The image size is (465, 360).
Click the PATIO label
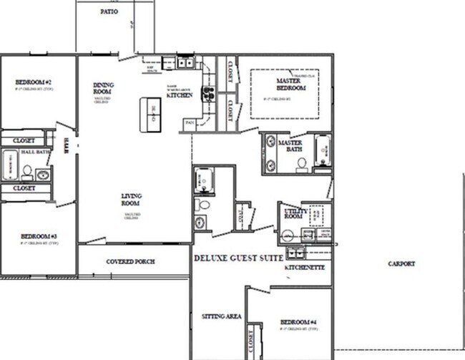coord(109,12)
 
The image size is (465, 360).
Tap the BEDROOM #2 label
coord(32,82)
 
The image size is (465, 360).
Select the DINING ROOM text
coord(103,89)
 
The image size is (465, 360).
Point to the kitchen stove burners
coord(208,92)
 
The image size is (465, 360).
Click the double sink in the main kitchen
coord(185,63)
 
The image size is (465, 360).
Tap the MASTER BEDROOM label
coord(291,84)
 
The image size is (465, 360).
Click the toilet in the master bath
coord(302,163)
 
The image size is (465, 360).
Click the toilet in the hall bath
coord(27,172)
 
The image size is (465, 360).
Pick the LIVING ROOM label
coord(131,200)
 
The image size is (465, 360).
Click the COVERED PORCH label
coord(130,261)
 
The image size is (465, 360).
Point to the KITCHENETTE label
coord(305,267)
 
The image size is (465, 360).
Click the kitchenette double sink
coord(295,252)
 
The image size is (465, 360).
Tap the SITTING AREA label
coord(223,316)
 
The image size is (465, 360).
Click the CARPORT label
coord(401,263)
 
